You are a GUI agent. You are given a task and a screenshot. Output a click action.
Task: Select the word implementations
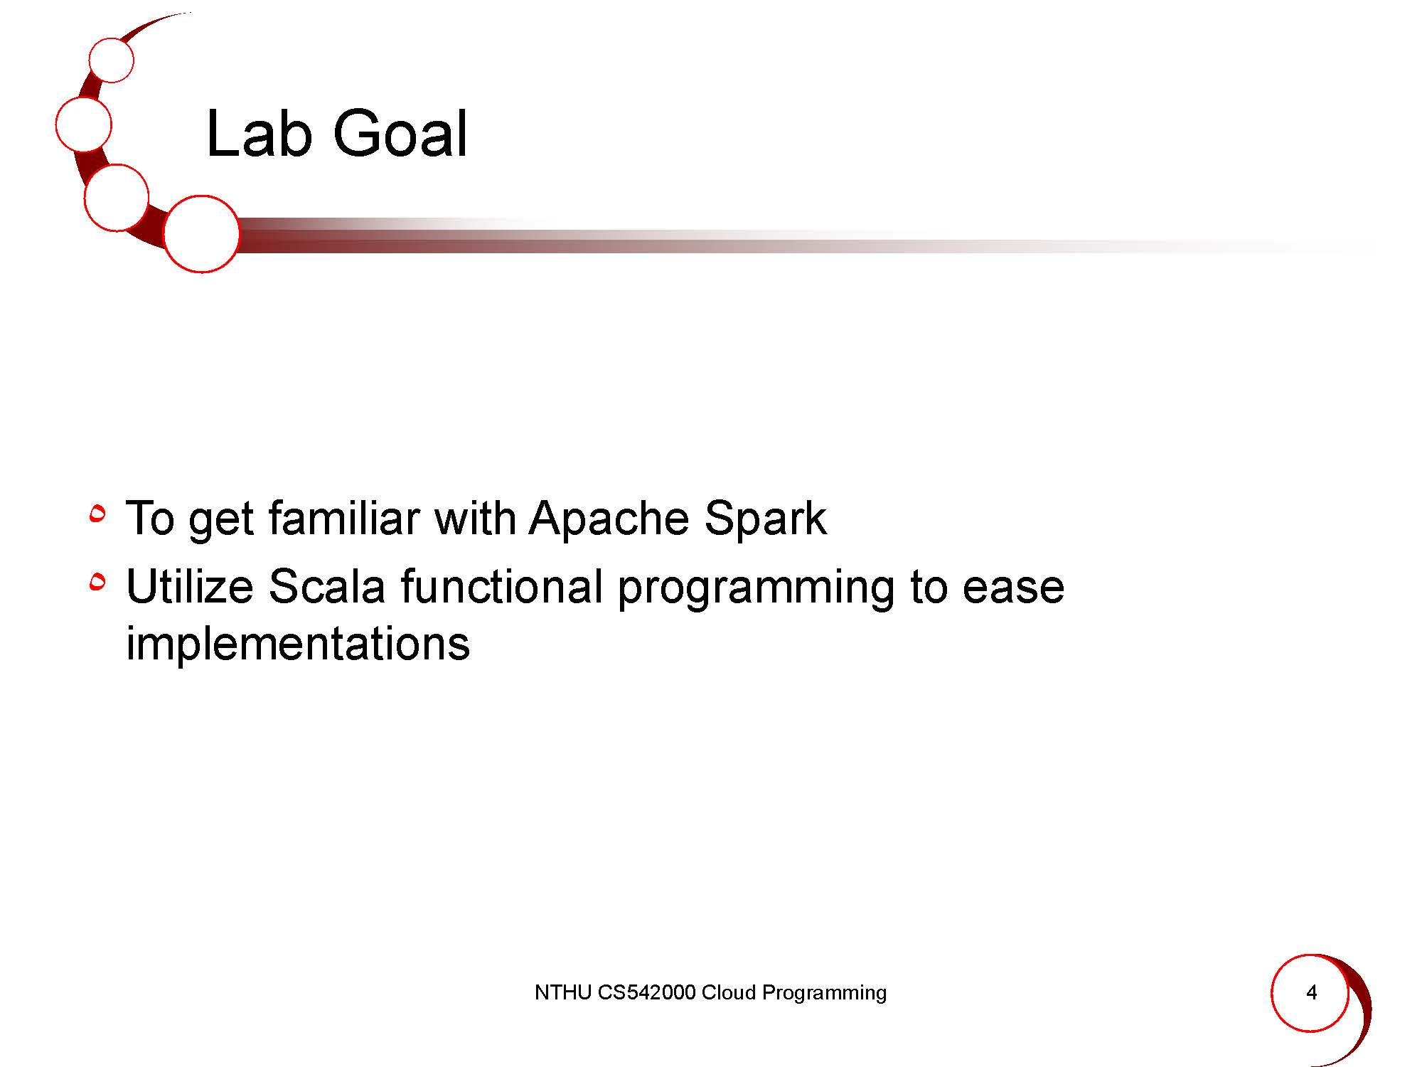point(298,643)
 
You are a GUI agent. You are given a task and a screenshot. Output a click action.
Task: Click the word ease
point(1013,589)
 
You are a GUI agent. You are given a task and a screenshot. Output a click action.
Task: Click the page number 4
point(1312,992)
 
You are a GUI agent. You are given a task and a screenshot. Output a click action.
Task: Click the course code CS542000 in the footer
point(646,992)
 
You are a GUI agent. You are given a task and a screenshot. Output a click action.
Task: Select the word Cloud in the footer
point(729,992)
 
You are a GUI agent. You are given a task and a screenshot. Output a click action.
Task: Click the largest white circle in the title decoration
point(201,234)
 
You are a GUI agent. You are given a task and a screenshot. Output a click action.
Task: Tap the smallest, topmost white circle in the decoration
point(112,60)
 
